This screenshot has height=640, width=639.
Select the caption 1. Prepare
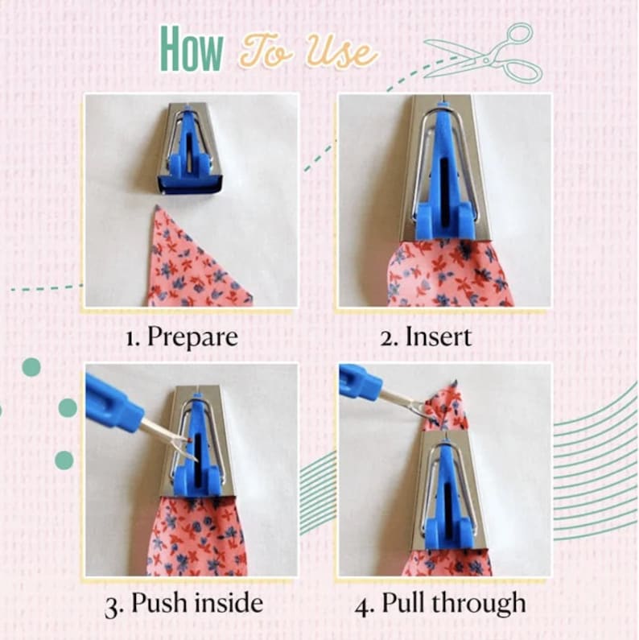183,336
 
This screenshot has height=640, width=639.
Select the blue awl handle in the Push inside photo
113,403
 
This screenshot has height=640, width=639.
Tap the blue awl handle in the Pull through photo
360,382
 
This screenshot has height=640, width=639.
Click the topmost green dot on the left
31,367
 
